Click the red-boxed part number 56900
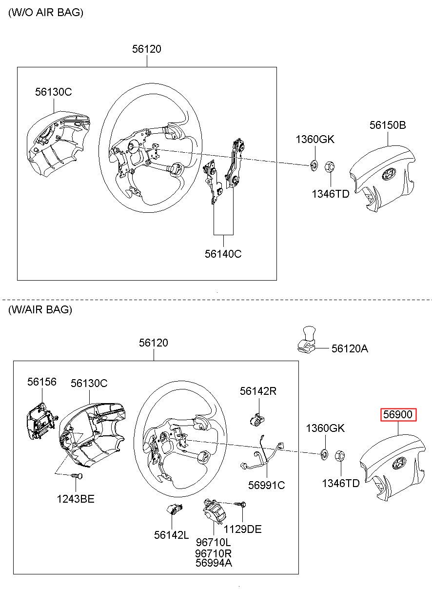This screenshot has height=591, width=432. pos(398,414)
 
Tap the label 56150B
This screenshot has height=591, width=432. pos(388,125)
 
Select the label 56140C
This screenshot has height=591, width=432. pos(223,254)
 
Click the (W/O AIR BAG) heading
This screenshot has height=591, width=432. pos(46,12)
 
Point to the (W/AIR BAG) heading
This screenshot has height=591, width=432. pos(40,309)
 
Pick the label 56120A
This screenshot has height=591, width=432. pos(350,348)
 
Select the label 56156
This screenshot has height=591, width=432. pos(42,382)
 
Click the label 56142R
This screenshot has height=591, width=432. pos(258,391)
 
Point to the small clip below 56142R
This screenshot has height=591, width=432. pos(257,420)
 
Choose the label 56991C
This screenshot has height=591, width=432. pos(267,485)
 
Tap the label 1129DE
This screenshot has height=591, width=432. pos(242,527)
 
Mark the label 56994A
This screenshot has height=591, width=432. pos(214,563)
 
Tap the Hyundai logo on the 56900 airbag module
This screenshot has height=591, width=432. pos(399,463)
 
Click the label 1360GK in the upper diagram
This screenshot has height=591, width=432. pos(315,139)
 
